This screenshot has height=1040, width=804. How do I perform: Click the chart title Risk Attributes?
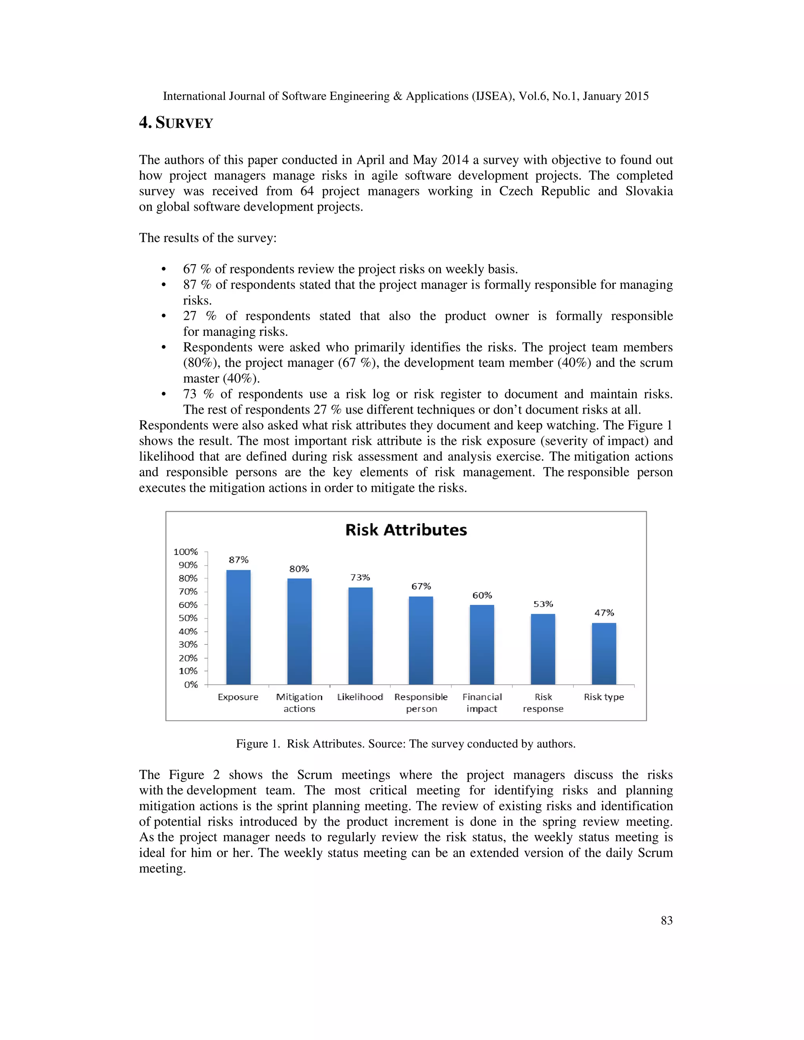[x=406, y=530]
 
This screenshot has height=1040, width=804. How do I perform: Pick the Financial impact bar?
[x=482, y=645]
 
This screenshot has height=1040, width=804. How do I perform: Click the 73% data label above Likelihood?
[x=360, y=577]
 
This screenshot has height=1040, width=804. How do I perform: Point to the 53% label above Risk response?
[x=543, y=604]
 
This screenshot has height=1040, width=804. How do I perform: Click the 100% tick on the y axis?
[x=185, y=551]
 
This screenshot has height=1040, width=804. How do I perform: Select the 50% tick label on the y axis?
[x=188, y=618]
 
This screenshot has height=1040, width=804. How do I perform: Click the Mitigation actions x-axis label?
[x=299, y=702]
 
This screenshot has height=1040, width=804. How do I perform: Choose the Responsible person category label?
[x=421, y=702]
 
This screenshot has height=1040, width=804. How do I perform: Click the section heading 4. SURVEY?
[x=176, y=123]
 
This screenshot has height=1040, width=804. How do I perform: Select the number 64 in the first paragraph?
[x=307, y=191]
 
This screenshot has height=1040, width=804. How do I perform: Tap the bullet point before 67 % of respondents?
[x=163, y=270]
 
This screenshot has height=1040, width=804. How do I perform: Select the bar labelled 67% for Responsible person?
[x=421, y=640]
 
